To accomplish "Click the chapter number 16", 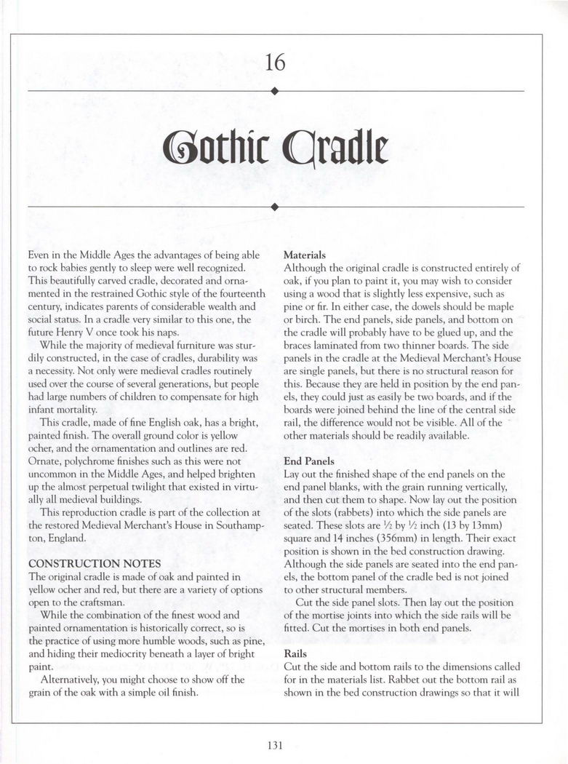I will coord(275,63).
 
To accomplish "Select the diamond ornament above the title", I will coord(274,91).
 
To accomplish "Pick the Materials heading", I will coord(304,255).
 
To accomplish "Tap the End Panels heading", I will coord(309,461).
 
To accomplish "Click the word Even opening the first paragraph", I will coord(39,255).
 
